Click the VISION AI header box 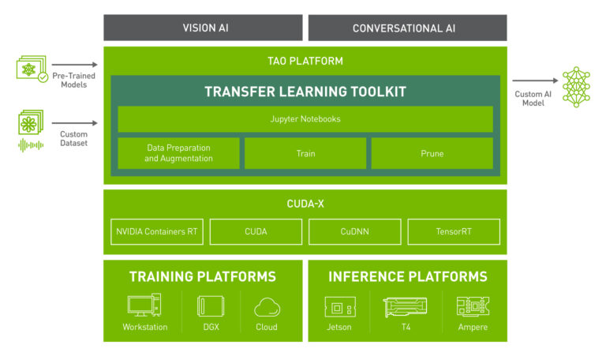(203, 28)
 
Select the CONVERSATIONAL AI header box (407, 28)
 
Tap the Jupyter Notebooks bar (305, 119)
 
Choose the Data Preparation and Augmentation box (178, 153)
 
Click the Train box (305, 153)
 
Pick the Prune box (432, 153)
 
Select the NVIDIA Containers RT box (157, 231)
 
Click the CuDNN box (355, 231)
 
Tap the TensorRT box (454, 231)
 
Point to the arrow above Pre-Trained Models (75, 65)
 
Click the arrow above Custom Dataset (75, 123)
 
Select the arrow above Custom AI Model (535, 81)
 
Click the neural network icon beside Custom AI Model (576, 87)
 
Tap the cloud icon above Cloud (267, 307)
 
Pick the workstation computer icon (144, 305)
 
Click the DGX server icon (211, 306)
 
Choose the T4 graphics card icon (405, 307)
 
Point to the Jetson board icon (340, 307)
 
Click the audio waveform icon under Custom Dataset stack (31, 145)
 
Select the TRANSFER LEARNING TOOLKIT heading (305, 92)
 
